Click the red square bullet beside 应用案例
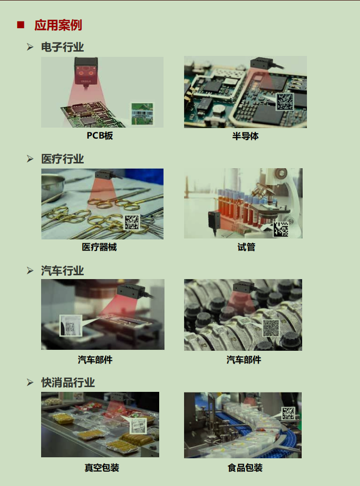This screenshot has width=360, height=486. (x=21, y=25)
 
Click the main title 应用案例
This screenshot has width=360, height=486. (x=58, y=25)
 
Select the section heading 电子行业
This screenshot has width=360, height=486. (x=63, y=47)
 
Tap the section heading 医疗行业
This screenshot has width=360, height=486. (x=63, y=159)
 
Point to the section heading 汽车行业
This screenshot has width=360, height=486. (x=63, y=270)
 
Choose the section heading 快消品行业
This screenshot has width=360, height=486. (x=68, y=382)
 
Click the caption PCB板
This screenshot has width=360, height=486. (x=99, y=136)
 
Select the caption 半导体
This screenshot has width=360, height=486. (x=245, y=136)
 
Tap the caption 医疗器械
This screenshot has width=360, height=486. (x=99, y=247)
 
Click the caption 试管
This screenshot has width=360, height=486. (x=246, y=247)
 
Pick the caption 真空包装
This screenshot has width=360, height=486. (x=102, y=468)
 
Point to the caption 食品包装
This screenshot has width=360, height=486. (x=245, y=468)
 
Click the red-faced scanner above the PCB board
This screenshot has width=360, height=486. (x=86, y=71)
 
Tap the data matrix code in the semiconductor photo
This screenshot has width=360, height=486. (x=284, y=101)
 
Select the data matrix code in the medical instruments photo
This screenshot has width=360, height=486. (x=132, y=222)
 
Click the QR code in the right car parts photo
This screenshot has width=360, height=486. (x=271, y=328)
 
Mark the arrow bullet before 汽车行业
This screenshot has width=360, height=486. (x=30, y=270)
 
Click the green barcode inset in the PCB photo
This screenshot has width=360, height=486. (x=142, y=114)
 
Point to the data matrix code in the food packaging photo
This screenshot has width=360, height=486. (x=288, y=413)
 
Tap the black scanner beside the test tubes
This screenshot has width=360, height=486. (x=214, y=221)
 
